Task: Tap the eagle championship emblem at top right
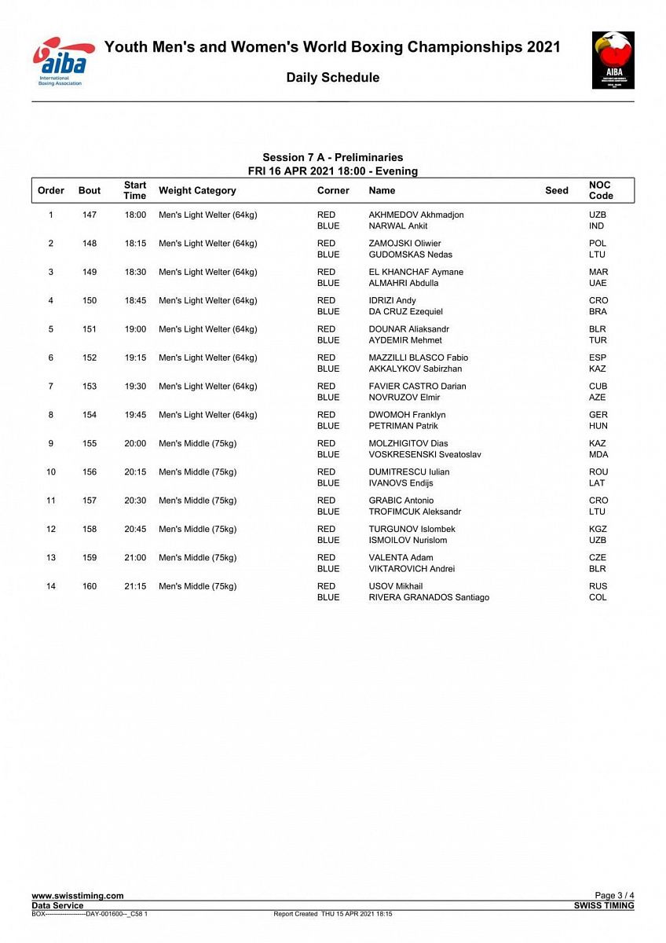pos(613,60)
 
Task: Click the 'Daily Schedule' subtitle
pos(332,77)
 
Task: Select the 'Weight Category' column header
pos(197,190)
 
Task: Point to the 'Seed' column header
pos(556,190)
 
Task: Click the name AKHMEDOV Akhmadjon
pos(415,215)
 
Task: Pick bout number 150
pos(90,300)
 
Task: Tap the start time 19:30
pos(135,386)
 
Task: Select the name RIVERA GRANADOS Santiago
pos(429,597)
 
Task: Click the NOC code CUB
pos(598,386)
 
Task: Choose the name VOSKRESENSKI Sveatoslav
pos(425,454)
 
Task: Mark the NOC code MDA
pos(598,454)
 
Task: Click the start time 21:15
pos(135,586)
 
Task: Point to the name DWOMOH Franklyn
pos(407,414)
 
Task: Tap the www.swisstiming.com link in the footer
pos(77,896)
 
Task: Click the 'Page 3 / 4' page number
pos(614,896)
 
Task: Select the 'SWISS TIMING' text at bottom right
pos(604,906)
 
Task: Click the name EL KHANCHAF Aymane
pos(415,272)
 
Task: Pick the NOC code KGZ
pos(598,529)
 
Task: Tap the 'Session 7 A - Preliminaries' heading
pos(332,157)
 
